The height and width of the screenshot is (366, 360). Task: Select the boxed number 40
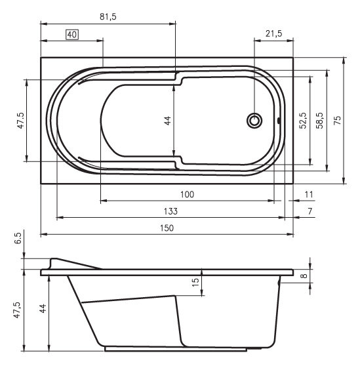point(72,34)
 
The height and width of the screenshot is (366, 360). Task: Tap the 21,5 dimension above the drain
point(273,34)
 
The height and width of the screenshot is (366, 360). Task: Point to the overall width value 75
point(338,121)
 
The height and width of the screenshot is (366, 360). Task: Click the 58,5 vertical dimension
point(319,121)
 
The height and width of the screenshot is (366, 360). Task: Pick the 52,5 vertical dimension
point(302,121)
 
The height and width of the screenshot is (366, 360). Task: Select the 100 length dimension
point(187,195)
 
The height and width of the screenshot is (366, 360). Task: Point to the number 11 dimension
point(310,195)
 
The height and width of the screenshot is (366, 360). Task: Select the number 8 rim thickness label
point(304,277)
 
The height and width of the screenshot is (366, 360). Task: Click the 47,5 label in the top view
point(20,121)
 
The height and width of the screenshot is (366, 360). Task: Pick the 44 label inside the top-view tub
point(167,121)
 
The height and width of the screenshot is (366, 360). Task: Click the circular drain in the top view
point(254,121)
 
